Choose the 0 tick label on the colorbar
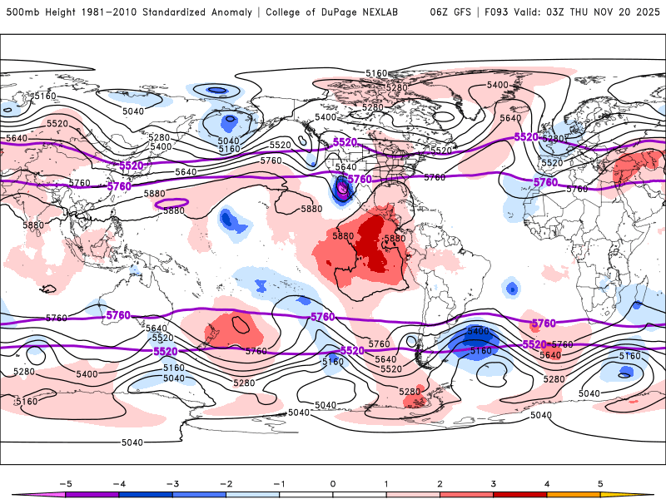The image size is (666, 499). pos(332,482)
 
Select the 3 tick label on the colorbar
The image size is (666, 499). pos(493,482)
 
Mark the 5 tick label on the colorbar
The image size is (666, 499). pos(600,482)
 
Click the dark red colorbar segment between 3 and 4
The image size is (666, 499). pos(520,494)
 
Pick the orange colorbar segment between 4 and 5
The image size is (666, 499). pos(574,494)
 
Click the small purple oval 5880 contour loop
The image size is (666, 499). pos(172,202)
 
